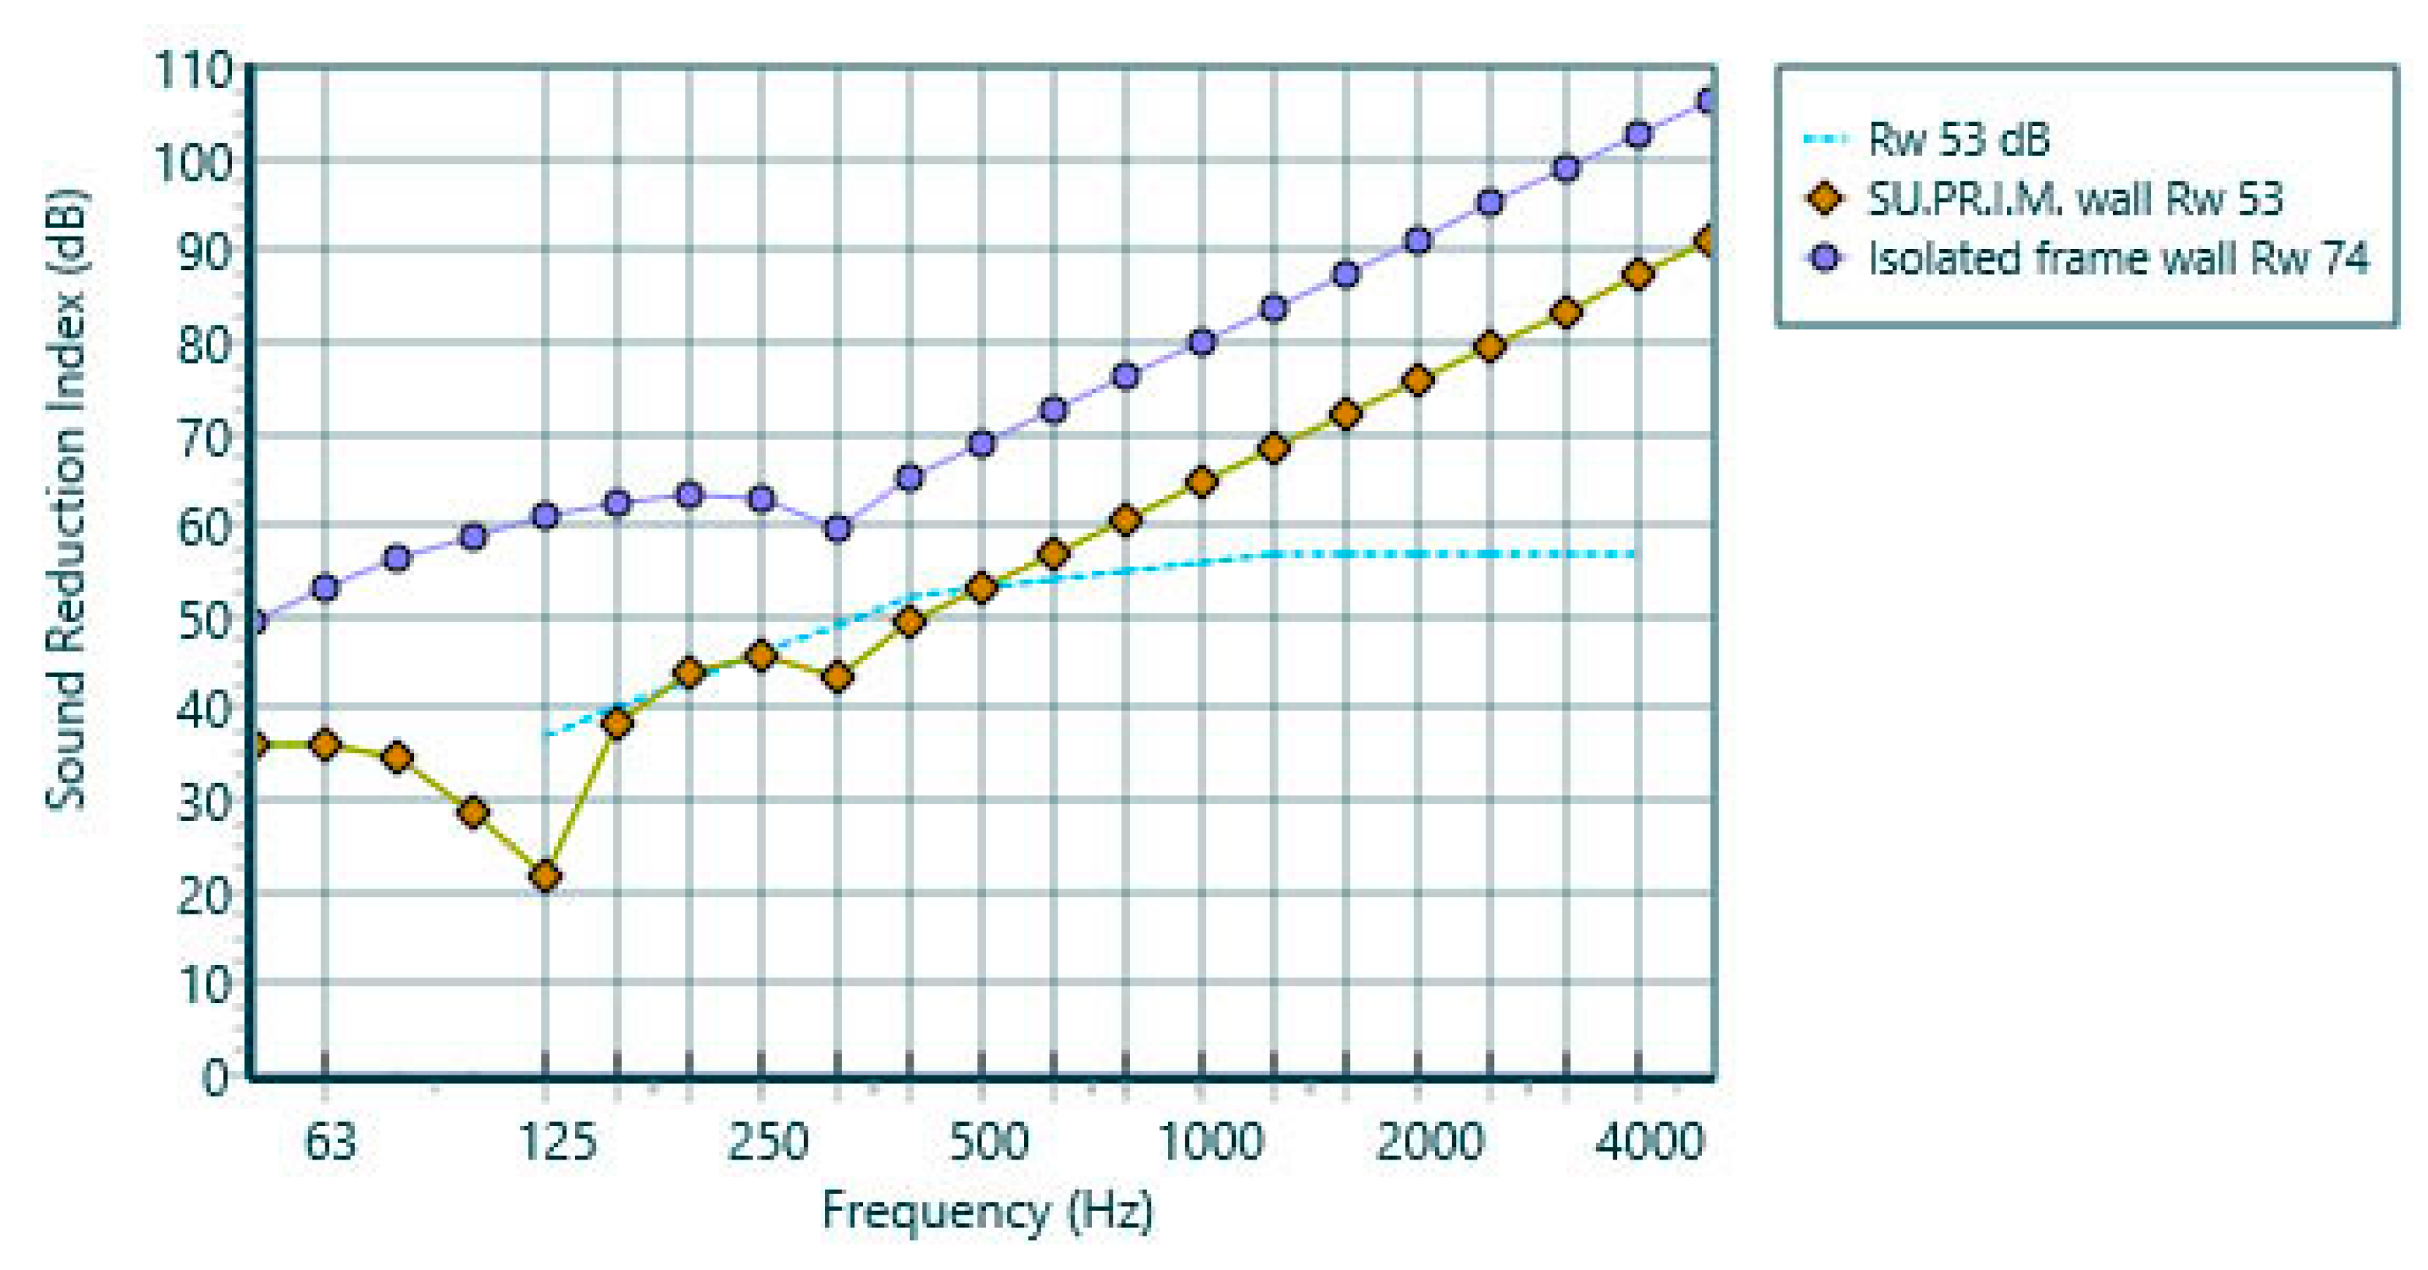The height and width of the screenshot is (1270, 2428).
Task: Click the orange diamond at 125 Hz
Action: coord(545,877)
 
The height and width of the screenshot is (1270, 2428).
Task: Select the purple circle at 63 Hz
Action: coord(325,588)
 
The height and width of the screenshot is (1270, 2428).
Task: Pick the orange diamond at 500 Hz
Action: coord(982,588)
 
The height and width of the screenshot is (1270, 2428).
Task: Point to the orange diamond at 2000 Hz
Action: coord(1418,381)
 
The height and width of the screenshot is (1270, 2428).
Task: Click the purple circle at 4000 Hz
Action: coord(1638,135)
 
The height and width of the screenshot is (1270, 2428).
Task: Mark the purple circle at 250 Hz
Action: coord(762,499)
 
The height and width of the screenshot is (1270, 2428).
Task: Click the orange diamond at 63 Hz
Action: coord(325,746)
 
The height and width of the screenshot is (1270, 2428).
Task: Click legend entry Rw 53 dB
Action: coord(1958,139)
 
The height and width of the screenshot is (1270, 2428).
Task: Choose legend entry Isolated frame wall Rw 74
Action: coord(2117,258)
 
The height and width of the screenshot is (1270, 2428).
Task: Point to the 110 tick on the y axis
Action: coord(193,70)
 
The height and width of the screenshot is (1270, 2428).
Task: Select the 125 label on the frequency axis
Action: coord(558,1142)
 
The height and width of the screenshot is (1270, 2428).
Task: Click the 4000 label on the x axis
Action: coord(1648,1142)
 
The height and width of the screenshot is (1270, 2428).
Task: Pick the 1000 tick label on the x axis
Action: coord(1209,1142)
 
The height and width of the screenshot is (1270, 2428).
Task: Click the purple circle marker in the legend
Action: coord(1826,258)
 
